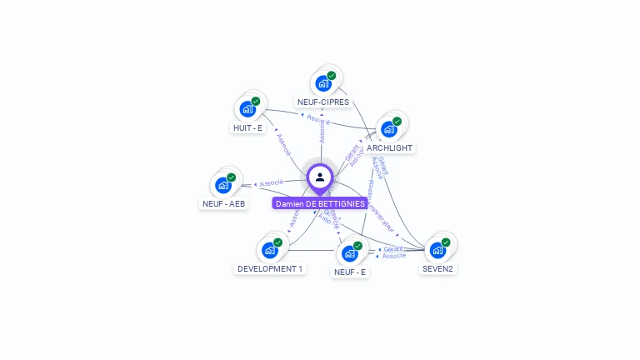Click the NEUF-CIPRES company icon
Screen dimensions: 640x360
click(323, 83)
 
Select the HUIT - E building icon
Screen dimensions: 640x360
click(247, 109)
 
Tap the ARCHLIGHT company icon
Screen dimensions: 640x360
click(388, 129)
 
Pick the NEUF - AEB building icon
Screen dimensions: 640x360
click(223, 185)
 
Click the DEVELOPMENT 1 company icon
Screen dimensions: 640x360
click(269, 250)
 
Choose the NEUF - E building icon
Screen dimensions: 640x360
click(349, 252)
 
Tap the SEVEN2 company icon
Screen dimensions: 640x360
click(437, 250)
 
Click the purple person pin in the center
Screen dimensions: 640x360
click(320, 177)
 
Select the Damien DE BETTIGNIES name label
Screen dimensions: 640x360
click(321, 203)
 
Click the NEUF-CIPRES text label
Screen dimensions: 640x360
click(323, 102)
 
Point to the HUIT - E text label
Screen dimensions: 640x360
click(247, 128)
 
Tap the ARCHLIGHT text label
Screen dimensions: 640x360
click(389, 148)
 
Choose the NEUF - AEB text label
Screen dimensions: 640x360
click(224, 203)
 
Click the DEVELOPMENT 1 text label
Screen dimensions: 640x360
click(270, 269)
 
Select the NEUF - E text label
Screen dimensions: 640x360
click(350, 272)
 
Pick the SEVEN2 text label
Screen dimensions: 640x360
click(438, 269)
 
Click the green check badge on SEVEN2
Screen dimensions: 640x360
click(446, 242)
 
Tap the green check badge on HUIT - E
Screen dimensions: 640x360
click(256, 102)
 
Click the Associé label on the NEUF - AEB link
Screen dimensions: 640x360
click(272, 182)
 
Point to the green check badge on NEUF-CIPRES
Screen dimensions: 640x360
click(332, 76)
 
